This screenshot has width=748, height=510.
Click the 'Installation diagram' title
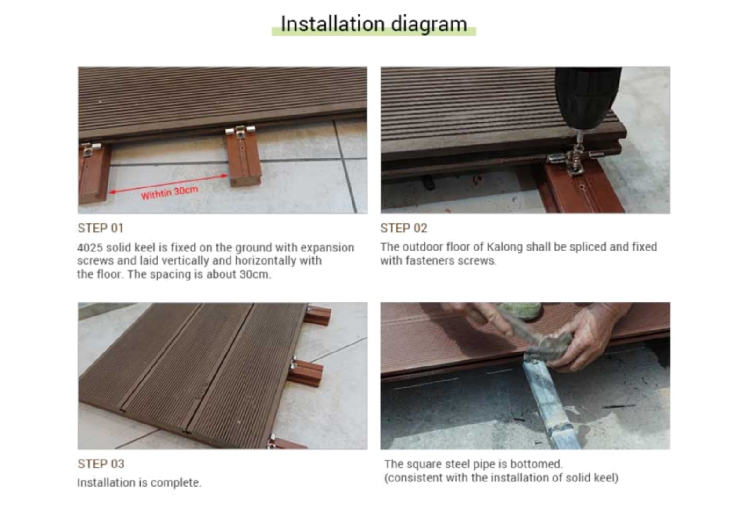374,24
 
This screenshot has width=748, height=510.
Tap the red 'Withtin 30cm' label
170,193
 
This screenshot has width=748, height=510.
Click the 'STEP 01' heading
101,228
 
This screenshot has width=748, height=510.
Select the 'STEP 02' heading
404,228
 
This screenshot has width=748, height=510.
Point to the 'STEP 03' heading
101,464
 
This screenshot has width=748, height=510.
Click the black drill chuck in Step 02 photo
588,97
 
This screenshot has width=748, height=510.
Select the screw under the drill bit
577,157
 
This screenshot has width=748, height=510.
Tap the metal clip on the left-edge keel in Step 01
89,149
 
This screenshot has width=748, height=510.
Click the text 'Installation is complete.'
139,482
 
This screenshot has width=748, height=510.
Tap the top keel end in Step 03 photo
318,315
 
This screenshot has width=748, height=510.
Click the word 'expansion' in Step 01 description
327,248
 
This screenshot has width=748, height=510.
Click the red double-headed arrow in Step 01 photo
169,184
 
